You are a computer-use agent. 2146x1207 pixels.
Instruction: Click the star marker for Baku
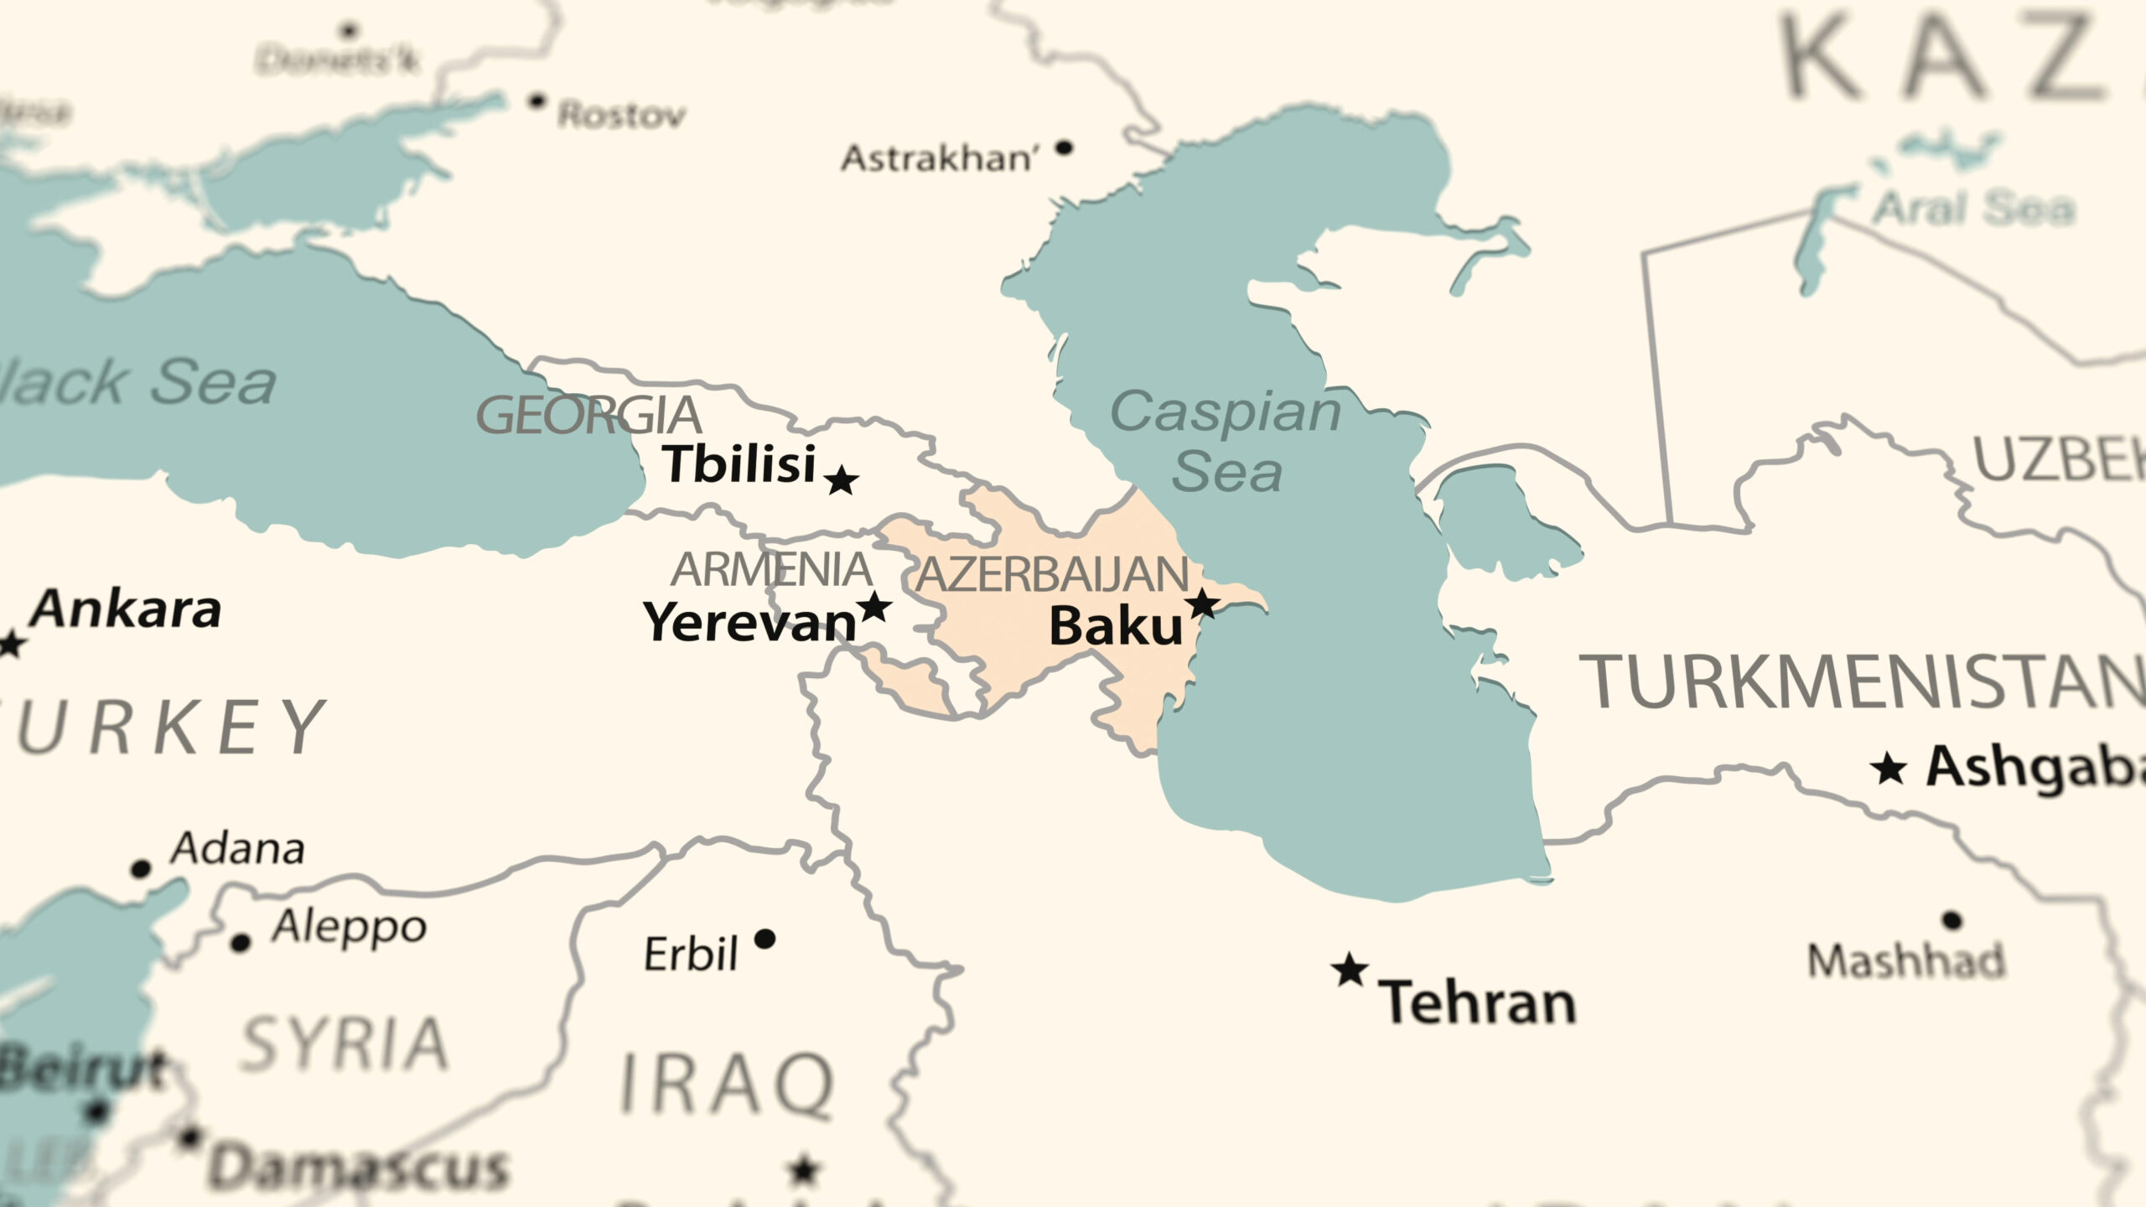pos(1203,603)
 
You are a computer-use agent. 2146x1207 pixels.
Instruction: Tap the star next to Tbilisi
pos(841,481)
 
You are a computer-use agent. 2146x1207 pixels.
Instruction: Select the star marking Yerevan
pos(874,607)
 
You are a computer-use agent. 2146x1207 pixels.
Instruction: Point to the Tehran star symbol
pos(1350,971)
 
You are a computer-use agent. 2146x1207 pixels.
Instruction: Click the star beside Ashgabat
pos(1889,769)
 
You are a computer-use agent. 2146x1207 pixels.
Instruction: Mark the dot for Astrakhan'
pos(1064,148)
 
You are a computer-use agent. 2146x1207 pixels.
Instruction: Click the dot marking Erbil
pos(765,939)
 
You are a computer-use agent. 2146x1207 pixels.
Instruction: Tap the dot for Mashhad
pos(1952,920)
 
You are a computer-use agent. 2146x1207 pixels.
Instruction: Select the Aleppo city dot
pos(241,943)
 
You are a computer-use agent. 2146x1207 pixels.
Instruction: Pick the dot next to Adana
pos(141,868)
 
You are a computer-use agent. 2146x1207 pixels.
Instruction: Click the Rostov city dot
pos(536,101)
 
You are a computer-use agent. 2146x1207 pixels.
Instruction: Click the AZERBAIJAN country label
pos(1052,575)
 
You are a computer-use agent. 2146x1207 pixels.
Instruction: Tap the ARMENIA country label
pos(771,570)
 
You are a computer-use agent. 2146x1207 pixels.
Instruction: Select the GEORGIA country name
pos(588,416)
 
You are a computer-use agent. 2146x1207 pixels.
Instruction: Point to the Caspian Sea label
pos(1226,442)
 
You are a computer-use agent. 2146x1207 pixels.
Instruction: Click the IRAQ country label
pos(726,1085)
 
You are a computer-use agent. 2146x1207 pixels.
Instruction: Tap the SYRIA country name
pos(344,1044)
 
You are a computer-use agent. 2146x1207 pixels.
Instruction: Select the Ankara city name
pos(126,609)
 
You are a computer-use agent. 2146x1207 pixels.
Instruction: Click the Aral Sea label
pos(1973,209)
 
